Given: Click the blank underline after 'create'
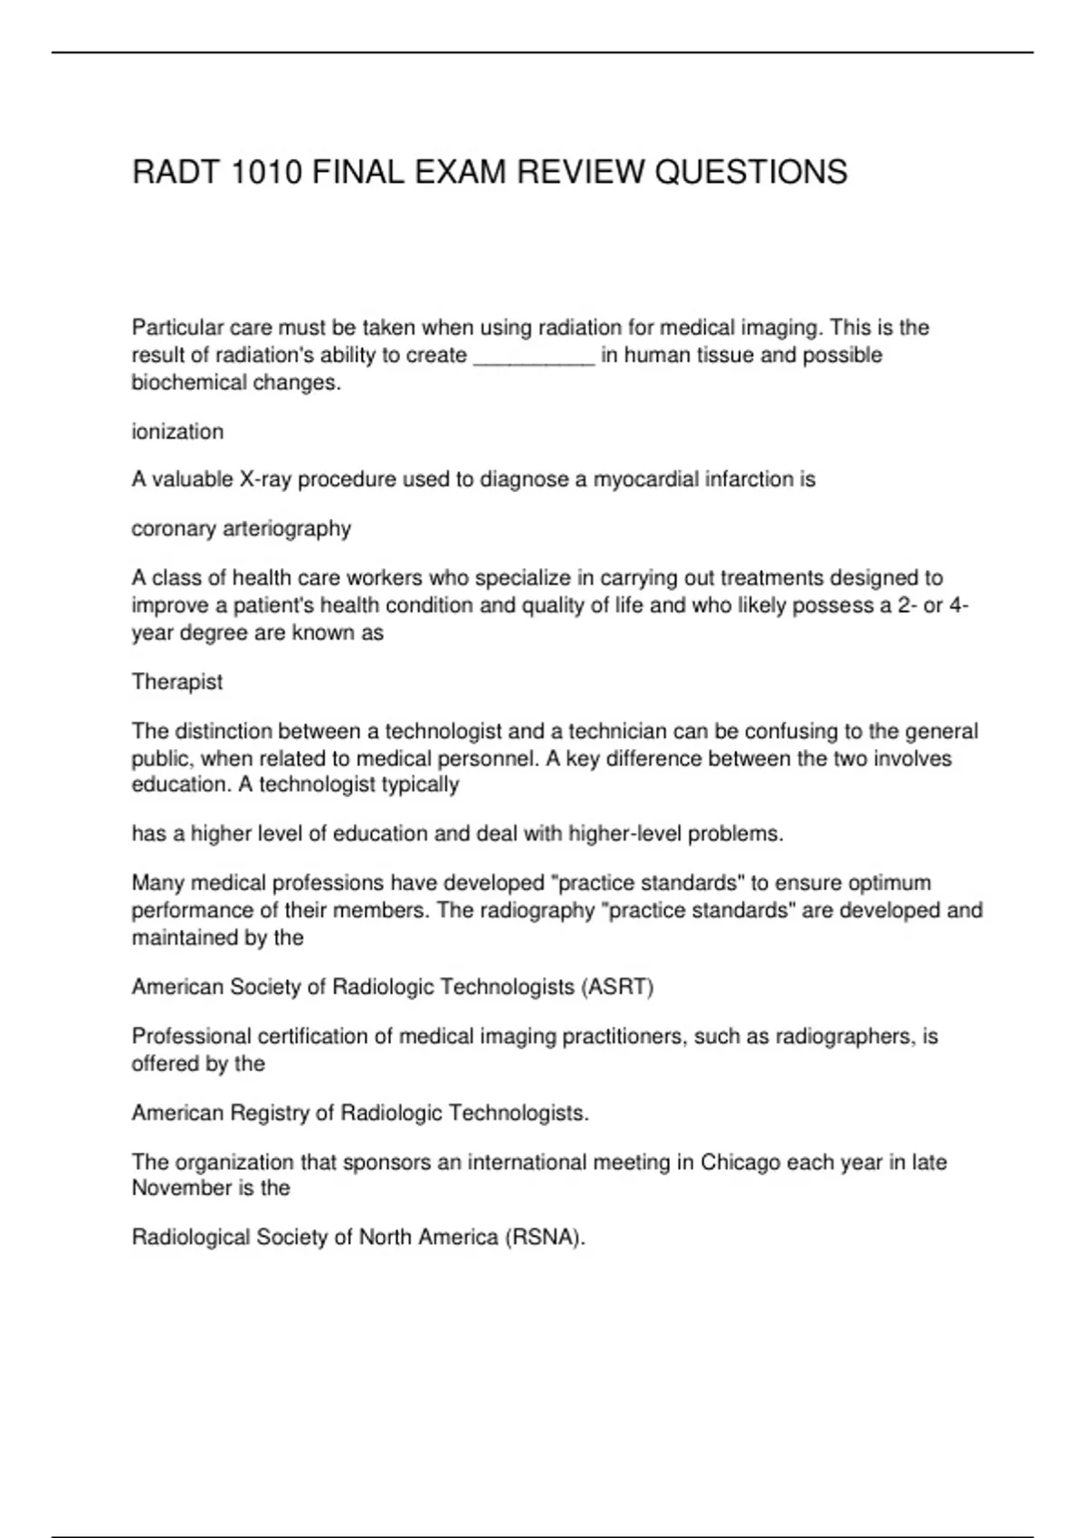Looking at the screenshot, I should [534, 356].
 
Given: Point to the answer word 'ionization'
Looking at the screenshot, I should [177, 432].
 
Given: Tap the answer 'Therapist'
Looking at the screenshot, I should [176, 681].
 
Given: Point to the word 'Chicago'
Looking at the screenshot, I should [740, 1162].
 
